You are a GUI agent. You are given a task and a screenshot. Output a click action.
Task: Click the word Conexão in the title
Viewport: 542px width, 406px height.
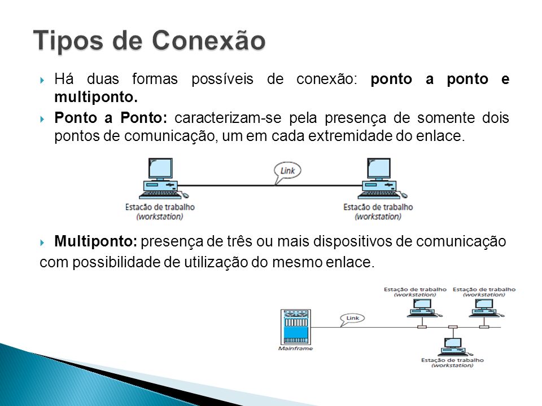[x=208, y=41]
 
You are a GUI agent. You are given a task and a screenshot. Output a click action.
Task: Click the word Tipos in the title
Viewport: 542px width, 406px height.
[x=68, y=41]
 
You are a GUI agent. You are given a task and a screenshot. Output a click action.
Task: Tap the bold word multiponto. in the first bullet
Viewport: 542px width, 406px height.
[x=96, y=97]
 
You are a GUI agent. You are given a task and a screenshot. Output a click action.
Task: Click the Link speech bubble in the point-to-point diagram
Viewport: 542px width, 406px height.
[x=287, y=172]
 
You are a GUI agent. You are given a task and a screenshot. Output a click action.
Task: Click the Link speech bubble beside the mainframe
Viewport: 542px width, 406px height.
[x=352, y=319]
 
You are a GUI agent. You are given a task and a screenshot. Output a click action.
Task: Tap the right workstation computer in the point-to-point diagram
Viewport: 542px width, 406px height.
[x=382, y=179]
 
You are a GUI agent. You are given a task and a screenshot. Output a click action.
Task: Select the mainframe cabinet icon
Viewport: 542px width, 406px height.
[x=295, y=326]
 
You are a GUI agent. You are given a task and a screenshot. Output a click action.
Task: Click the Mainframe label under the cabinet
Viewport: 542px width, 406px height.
[x=295, y=348]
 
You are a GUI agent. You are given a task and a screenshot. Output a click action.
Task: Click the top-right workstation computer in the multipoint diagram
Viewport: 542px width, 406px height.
[x=486, y=308]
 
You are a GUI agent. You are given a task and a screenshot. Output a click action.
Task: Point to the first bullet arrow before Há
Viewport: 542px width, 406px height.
[x=42, y=81]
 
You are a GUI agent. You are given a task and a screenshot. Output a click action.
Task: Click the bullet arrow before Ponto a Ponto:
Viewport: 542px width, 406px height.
[x=42, y=120]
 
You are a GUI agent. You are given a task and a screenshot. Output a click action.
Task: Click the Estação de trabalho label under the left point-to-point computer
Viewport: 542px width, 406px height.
[x=160, y=207]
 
